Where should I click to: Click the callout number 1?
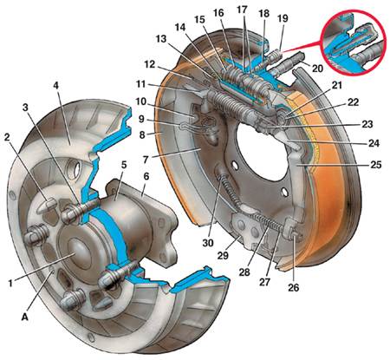pyautogui.click(x=11, y=284)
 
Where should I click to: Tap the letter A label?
pyautogui.click(x=25, y=317)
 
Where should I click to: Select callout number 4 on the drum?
pyautogui.click(x=56, y=86)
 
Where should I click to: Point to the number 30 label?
pyautogui.click(x=208, y=243)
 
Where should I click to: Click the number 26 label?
pyautogui.click(x=293, y=287)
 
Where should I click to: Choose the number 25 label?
pyautogui.click(x=376, y=165)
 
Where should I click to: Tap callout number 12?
pyautogui.click(x=150, y=64)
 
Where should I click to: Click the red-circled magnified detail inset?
pyautogui.click(x=354, y=43)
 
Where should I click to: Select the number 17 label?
pyautogui.click(x=242, y=10)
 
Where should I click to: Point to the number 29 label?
pyautogui.click(x=223, y=256)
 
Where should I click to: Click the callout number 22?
pyautogui.click(x=353, y=102)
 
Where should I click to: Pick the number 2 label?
pyautogui.click(x=7, y=137)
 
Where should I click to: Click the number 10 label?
pyautogui.click(x=141, y=101)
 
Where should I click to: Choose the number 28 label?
pyautogui.click(x=244, y=272)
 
